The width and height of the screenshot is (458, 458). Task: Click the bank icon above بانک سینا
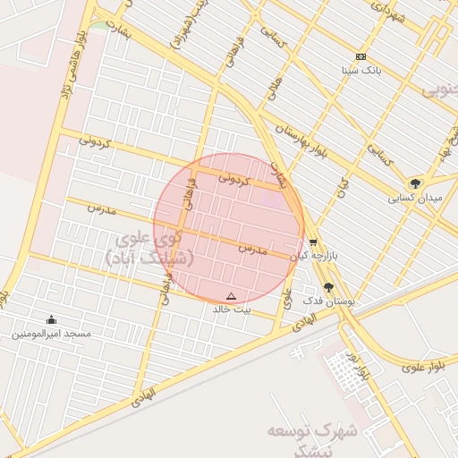click(x=360, y=56)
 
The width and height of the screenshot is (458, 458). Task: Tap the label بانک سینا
click(x=361, y=69)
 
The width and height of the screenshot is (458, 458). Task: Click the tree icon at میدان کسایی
click(x=414, y=183)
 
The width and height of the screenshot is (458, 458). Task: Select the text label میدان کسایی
click(x=413, y=198)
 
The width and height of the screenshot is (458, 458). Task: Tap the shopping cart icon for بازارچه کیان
click(x=312, y=242)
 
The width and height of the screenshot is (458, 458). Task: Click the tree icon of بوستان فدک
click(x=329, y=287)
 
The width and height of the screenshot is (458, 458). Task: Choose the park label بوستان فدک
click(x=329, y=301)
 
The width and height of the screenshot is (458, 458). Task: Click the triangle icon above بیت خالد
click(x=232, y=295)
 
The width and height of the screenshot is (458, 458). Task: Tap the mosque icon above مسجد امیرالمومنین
click(x=51, y=320)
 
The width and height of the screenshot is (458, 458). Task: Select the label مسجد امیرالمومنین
click(x=51, y=334)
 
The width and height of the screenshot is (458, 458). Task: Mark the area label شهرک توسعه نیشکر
click(x=313, y=438)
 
